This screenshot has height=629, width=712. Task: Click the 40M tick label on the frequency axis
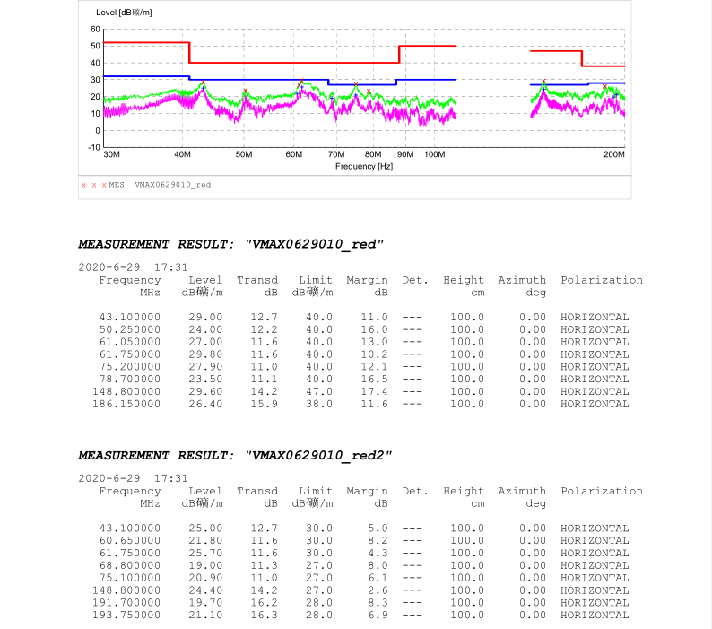(x=182, y=155)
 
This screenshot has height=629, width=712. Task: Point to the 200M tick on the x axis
(x=613, y=155)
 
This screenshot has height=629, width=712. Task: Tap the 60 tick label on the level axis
(x=95, y=29)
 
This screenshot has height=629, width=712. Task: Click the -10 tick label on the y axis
(x=93, y=147)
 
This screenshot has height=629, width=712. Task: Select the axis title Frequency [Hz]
(x=364, y=167)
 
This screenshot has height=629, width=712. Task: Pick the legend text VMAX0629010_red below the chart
(x=172, y=185)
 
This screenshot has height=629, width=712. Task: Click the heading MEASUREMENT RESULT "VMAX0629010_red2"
(x=235, y=455)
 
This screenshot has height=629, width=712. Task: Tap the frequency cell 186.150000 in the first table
(x=126, y=404)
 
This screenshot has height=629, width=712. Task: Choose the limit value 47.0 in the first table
(x=318, y=391)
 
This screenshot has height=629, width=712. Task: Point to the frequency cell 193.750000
(x=126, y=615)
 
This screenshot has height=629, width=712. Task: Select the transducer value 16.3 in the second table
(x=265, y=615)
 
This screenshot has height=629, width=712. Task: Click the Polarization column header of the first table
(x=602, y=280)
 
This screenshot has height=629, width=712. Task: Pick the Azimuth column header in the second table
(x=522, y=491)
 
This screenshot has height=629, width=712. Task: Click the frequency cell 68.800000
(x=130, y=565)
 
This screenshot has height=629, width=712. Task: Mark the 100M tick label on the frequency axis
(x=434, y=155)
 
